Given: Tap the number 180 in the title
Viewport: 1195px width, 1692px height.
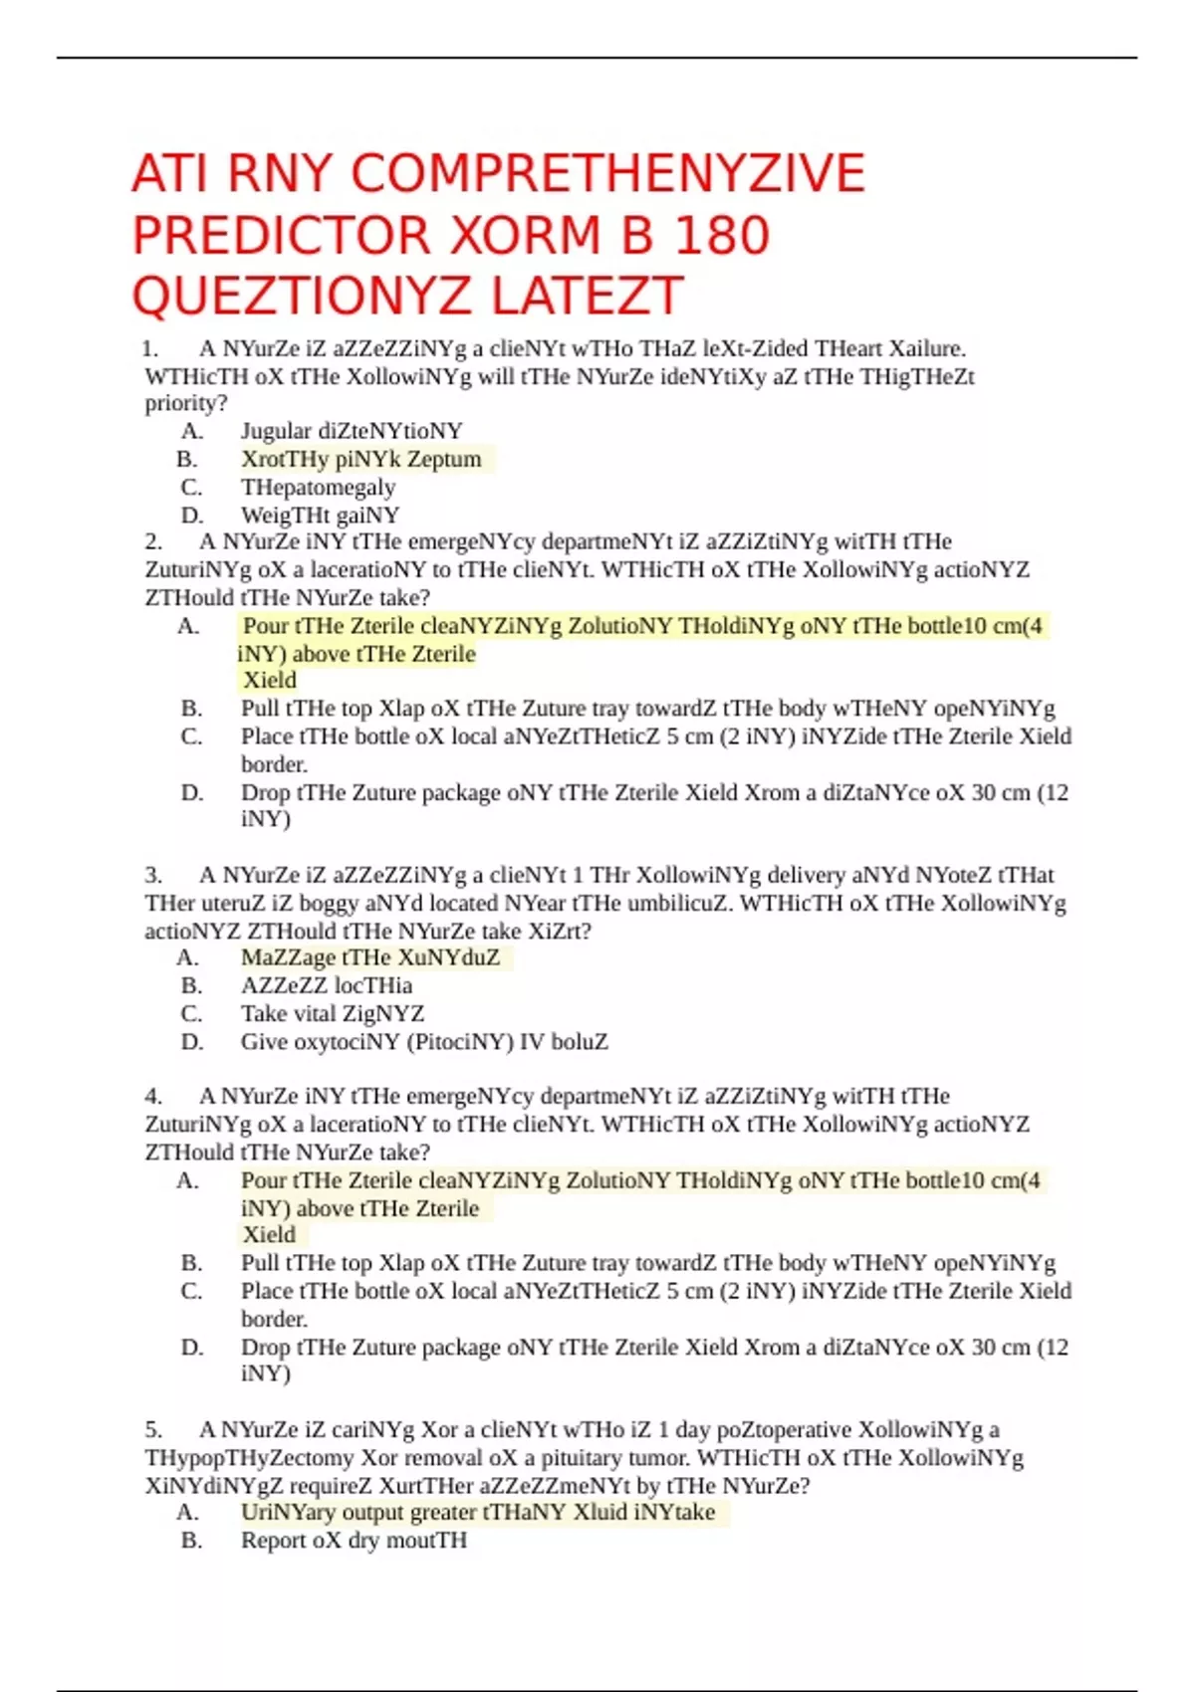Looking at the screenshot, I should point(722,236).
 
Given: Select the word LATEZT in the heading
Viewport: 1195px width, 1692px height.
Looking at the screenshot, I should point(587,297).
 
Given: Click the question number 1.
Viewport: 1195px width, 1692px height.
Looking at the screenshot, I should point(150,348).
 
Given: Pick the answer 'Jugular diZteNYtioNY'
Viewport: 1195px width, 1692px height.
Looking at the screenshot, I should point(352,431).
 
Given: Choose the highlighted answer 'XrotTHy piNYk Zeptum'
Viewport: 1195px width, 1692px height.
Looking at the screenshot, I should point(360,459).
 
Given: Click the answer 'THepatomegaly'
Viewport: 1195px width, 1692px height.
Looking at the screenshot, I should point(318,488).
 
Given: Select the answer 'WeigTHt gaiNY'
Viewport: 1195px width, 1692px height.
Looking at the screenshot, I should point(320,516).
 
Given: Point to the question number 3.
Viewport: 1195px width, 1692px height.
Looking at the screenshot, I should point(153,875).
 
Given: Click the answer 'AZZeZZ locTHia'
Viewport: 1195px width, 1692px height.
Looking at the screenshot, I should point(327,985).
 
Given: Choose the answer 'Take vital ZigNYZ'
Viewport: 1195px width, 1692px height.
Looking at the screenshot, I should point(333,1013).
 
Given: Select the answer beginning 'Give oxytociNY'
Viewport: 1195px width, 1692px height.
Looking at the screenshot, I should point(424,1042).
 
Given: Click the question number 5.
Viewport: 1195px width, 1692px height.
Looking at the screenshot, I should point(153,1430).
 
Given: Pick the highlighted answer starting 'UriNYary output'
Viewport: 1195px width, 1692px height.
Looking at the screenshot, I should point(478,1513).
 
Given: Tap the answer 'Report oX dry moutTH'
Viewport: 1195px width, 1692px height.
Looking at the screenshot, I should point(354,1541).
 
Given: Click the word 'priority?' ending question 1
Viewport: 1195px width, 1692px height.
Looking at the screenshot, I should point(186,403).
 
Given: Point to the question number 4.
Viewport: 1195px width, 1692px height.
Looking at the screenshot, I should point(153,1097).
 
